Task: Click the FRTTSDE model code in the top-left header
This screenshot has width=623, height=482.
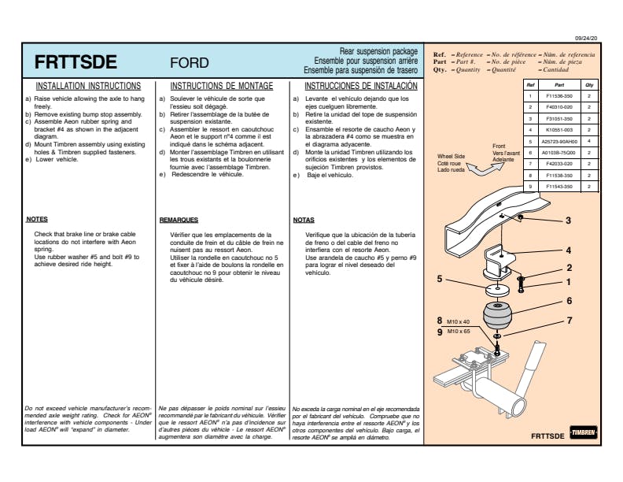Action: click(76, 62)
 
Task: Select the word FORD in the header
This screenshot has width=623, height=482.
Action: click(189, 63)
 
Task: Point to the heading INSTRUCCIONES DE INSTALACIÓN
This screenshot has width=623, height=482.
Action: click(360, 86)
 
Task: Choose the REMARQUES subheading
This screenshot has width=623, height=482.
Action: click(178, 221)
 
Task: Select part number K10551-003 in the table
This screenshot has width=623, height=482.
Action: click(559, 129)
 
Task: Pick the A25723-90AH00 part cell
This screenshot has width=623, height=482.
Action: click(559, 141)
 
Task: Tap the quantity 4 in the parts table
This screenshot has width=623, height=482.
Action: click(588, 141)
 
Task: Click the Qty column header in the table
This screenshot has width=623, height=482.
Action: click(588, 83)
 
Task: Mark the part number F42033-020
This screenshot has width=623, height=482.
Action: click(559, 164)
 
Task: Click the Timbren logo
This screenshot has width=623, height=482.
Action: click(584, 434)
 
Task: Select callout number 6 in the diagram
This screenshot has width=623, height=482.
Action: click(569, 300)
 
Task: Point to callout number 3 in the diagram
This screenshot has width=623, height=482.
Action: click(568, 221)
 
